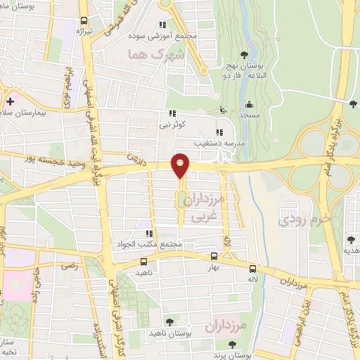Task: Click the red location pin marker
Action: click(x=181, y=165)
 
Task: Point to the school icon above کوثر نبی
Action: click(x=171, y=113)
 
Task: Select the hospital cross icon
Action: click(x=10, y=102)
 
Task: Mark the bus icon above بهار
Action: click(x=214, y=257)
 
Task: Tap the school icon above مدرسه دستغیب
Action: click(x=219, y=132)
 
